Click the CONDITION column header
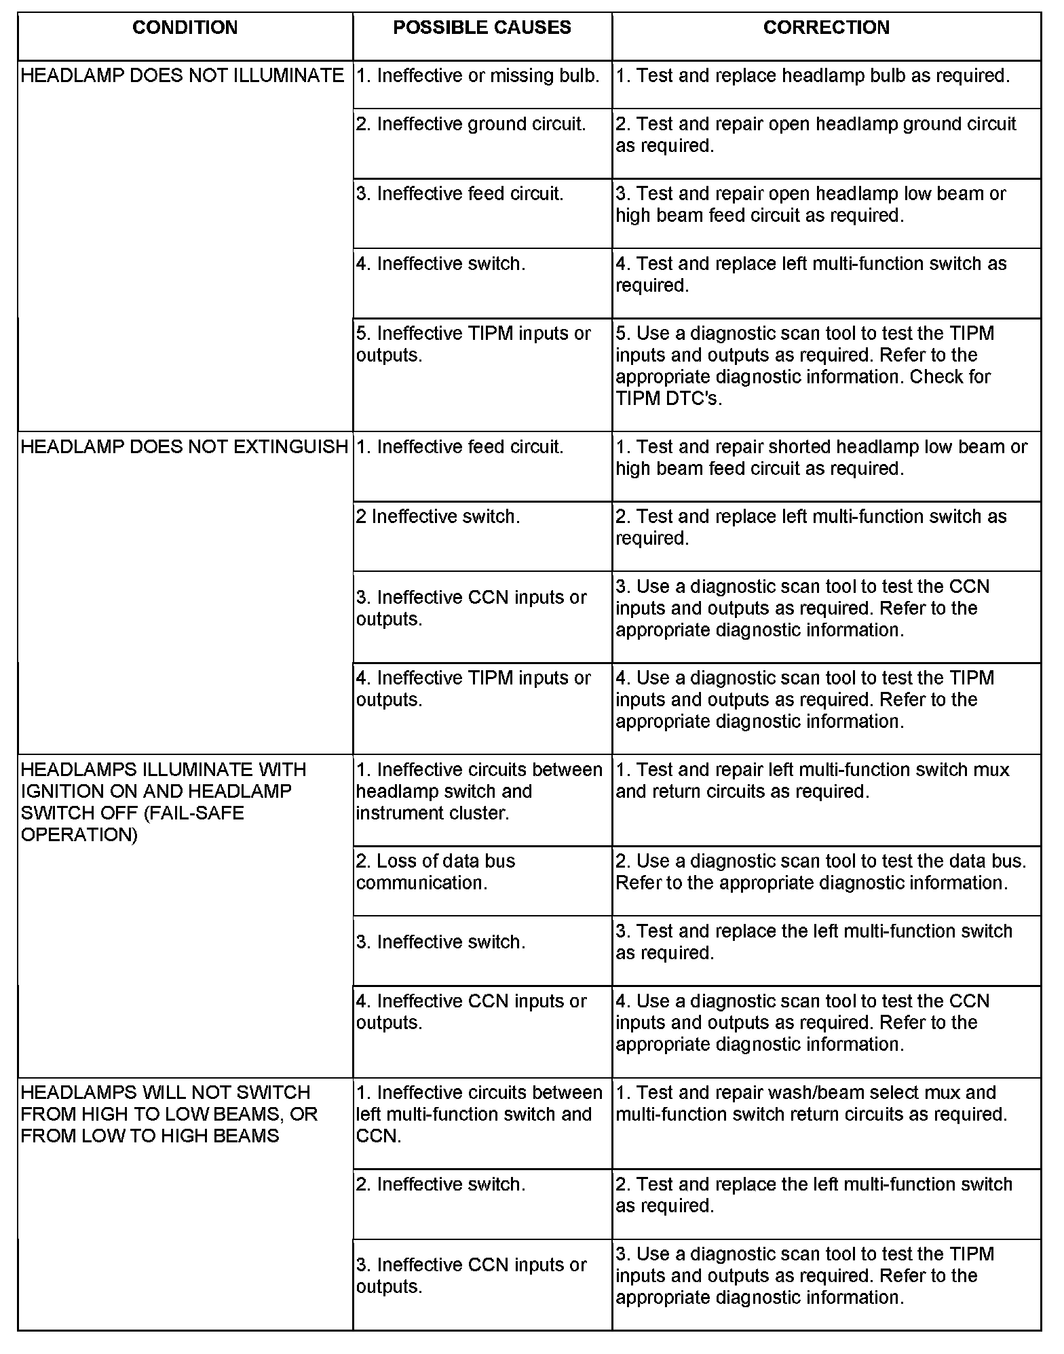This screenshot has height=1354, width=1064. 185,28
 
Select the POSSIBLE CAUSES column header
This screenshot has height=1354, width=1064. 482,28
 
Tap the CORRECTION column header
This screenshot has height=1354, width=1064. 826,28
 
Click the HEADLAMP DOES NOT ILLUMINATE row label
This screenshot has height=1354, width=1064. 183,76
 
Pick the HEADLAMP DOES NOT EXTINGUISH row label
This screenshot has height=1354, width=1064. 185,447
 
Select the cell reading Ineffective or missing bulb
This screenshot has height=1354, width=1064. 478,76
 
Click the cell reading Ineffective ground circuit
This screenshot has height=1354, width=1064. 471,124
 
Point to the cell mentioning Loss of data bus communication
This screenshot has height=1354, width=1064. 436,872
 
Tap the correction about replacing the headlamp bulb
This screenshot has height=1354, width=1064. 812,76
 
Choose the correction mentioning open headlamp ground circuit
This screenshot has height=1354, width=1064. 816,135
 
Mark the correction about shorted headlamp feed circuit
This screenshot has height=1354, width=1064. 821,458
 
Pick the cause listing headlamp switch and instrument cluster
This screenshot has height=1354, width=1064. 479,792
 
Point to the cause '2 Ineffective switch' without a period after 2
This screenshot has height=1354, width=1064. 438,517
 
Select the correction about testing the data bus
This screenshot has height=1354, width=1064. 820,872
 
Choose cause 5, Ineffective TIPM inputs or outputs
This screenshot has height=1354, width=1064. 474,345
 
